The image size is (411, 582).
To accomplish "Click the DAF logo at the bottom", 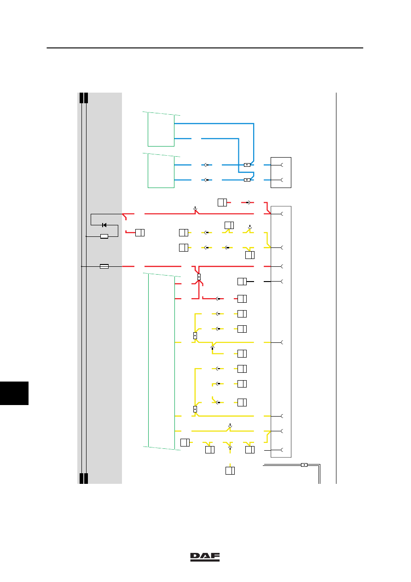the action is point(205,557).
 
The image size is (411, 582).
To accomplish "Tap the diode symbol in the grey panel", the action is point(104,225).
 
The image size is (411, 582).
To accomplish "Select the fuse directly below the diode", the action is point(104,236).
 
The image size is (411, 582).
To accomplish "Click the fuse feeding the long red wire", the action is point(104,266).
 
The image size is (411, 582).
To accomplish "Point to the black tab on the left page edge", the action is point(14,393).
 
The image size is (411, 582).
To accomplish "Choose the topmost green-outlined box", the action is point(161,129).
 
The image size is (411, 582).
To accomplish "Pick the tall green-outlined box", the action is point(162,361).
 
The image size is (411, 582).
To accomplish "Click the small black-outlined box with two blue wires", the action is point(281,172).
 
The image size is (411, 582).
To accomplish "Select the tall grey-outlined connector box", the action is point(281,332).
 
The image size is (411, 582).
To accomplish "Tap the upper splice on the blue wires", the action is point(247,165).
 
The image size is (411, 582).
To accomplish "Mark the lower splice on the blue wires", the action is point(247,180).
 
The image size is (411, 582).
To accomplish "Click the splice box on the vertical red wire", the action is point(199,277).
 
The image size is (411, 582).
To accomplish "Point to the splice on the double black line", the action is point(304,465).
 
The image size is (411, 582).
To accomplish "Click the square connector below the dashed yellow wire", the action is point(230,470).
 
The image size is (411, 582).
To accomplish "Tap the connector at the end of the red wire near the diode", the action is point(140,233).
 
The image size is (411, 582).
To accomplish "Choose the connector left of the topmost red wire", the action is point(222,202).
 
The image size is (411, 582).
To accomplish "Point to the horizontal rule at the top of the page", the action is point(205,48).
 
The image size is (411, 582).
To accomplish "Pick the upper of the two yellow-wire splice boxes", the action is point(195,335).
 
